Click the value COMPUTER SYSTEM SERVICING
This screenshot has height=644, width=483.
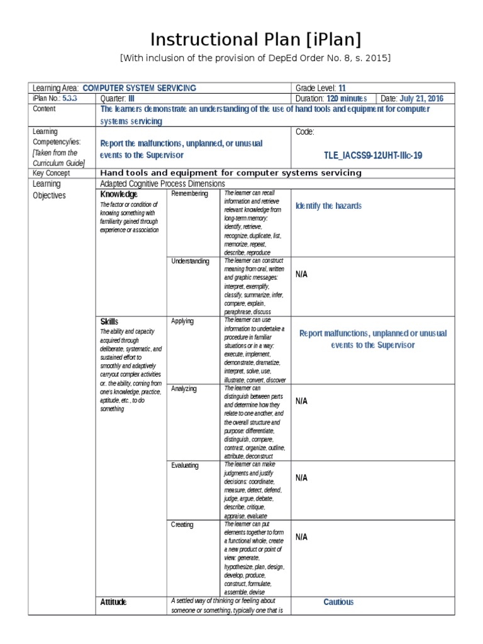click(139, 88)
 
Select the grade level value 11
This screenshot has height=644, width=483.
click(342, 88)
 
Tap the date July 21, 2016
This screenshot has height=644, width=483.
click(421, 99)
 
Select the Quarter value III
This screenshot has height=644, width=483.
click(131, 99)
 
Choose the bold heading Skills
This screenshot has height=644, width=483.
click(109, 321)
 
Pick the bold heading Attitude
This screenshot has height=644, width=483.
click(113, 602)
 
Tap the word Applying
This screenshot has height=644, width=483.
click(182, 321)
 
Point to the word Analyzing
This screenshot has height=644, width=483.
click(184, 389)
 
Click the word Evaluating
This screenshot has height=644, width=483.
click(185, 465)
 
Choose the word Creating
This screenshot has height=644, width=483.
click(182, 525)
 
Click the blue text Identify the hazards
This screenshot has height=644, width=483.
click(328, 206)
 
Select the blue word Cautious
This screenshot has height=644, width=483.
click(338, 602)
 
